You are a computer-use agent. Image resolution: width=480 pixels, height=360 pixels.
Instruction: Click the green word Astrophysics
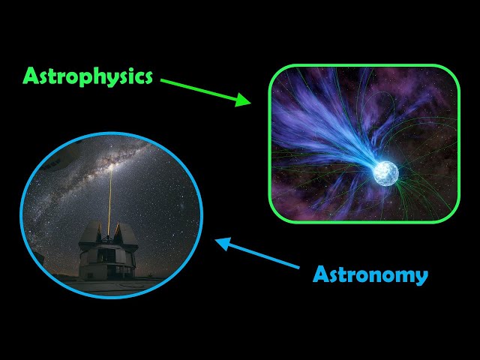pyautogui.click(x=88, y=76)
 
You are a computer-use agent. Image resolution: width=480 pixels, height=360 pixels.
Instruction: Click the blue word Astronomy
pyautogui.click(x=370, y=274)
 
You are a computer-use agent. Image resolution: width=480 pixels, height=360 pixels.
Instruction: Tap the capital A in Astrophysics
pyautogui.click(x=31, y=76)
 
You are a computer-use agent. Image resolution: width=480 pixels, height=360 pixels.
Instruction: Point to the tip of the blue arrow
pyautogui.click(x=216, y=241)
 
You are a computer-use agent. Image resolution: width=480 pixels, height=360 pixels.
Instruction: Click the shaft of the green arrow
pyautogui.click(x=202, y=89)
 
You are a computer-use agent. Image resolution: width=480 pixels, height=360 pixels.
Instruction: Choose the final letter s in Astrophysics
pyautogui.click(x=148, y=76)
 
